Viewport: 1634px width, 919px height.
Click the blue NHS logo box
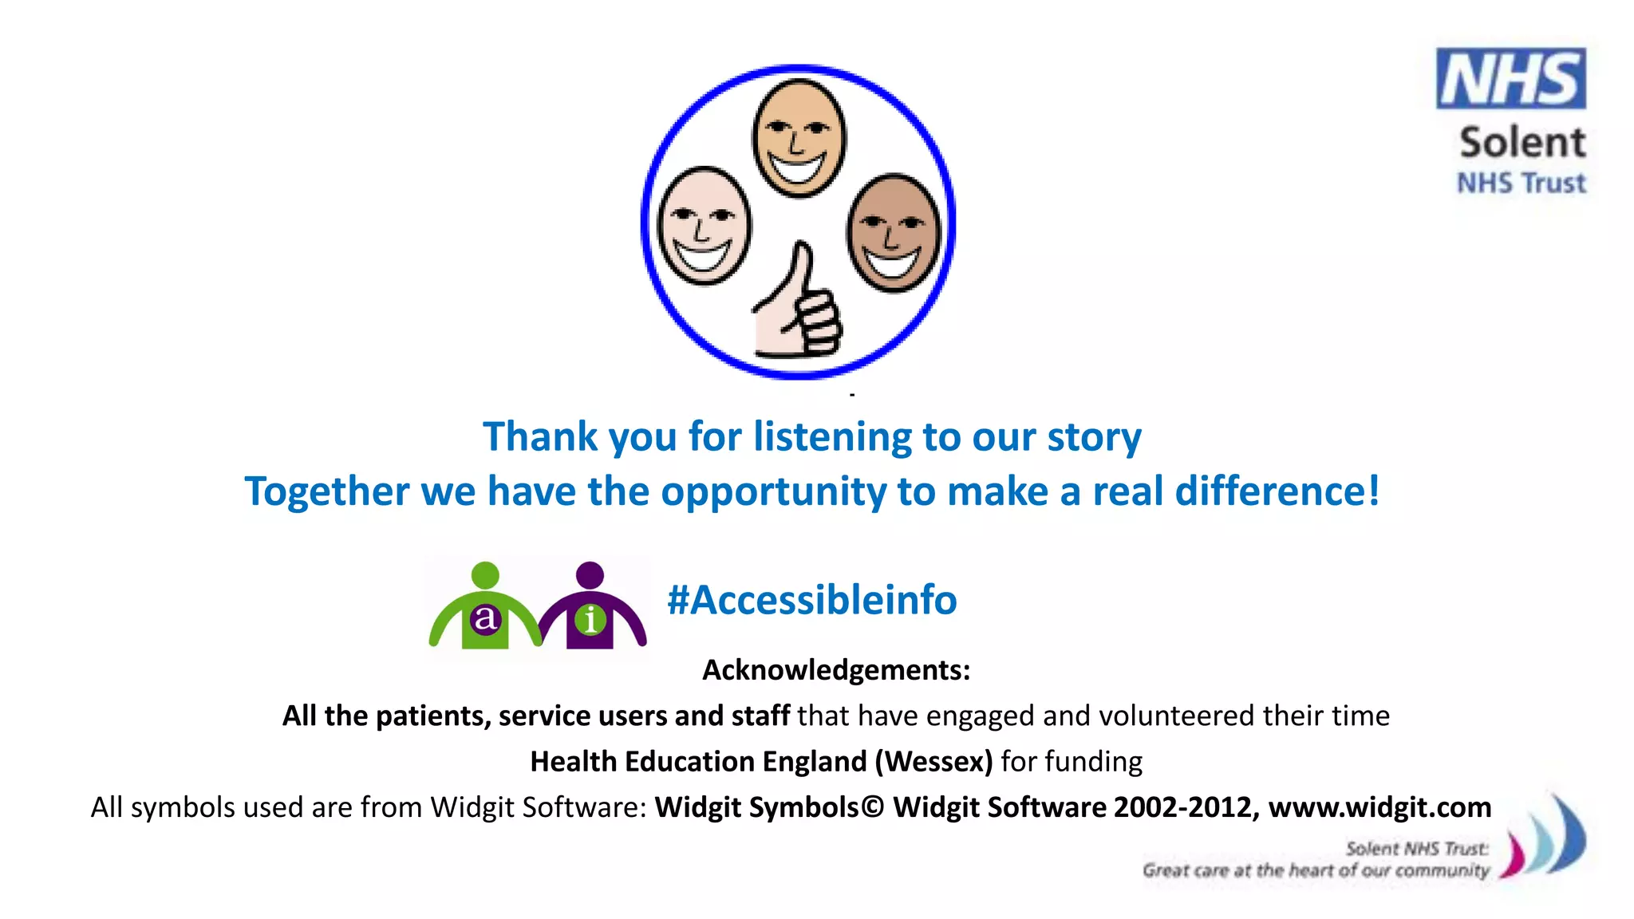coord(1510,78)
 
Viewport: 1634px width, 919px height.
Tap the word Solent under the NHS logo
coord(1522,143)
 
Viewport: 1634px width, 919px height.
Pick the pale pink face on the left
coord(703,226)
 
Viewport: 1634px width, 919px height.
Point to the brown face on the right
coord(894,232)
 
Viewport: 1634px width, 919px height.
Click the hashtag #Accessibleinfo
coord(812,600)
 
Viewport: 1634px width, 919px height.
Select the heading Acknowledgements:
coord(836,670)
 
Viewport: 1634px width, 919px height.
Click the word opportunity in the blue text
coord(773,492)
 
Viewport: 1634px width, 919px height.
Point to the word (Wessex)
coord(933,762)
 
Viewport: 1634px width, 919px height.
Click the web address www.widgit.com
coord(1379,807)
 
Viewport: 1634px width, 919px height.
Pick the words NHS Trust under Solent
coord(1521,183)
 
